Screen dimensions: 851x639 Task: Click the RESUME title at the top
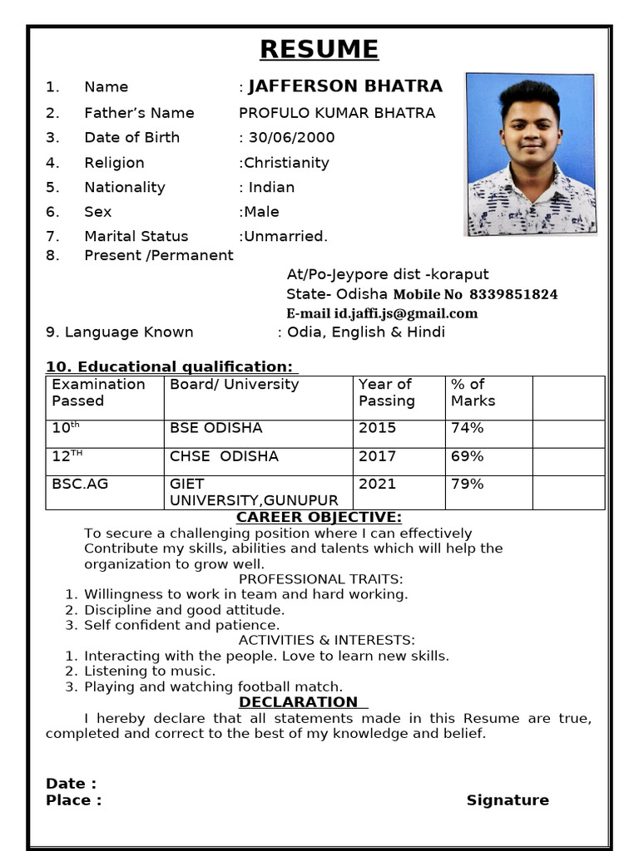click(319, 50)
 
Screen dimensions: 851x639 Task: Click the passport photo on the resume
click(531, 155)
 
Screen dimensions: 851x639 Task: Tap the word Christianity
click(286, 163)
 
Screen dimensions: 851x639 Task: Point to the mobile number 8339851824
click(513, 294)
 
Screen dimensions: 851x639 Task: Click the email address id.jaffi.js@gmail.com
click(406, 313)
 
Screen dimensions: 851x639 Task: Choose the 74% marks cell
click(467, 428)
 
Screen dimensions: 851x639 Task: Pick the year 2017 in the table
click(377, 456)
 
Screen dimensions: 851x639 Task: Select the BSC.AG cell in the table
click(80, 484)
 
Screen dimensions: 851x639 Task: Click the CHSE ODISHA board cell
click(224, 456)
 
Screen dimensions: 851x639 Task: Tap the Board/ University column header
click(234, 385)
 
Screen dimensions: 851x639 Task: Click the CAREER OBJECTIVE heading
click(319, 518)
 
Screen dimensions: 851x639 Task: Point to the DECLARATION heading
click(298, 702)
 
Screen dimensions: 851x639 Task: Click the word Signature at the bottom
click(508, 800)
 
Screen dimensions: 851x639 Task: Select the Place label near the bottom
click(73, 800)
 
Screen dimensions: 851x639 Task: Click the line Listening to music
click(150, 671)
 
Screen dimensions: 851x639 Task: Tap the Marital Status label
click(136, 236)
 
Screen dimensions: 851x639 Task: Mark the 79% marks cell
click(467, 484)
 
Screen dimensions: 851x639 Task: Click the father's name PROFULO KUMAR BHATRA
click(337, 113)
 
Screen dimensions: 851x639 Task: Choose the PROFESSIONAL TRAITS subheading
click(320, 579)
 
